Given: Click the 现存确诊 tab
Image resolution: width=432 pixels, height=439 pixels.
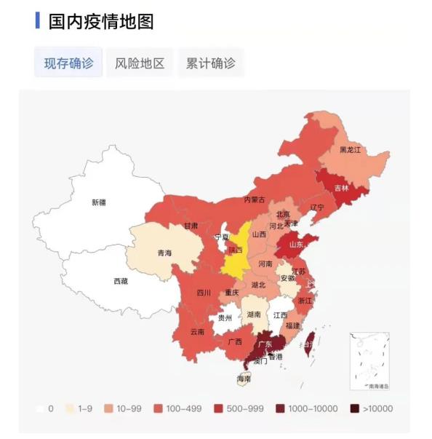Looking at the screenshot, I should [69, 63].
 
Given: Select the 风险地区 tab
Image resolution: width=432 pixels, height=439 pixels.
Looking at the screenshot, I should [140, 63].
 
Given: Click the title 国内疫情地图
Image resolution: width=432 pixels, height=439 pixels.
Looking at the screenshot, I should [101, 22].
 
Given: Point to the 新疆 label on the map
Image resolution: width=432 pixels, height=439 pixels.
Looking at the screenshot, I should [98, 202].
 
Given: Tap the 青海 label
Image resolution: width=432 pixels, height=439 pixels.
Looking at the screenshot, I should [164, 253].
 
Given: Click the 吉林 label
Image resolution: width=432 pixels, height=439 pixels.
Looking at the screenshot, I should [341, 188].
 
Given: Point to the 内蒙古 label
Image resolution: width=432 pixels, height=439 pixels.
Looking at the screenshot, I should [254, 199].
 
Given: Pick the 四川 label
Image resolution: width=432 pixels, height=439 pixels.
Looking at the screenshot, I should [203, 293].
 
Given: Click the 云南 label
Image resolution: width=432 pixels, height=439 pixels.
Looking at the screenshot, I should [197, 331].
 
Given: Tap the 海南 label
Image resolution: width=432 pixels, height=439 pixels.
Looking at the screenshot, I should [244, 379].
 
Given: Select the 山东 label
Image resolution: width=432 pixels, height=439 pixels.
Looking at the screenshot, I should [297, 245].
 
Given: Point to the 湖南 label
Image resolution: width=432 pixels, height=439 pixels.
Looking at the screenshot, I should [254, 315].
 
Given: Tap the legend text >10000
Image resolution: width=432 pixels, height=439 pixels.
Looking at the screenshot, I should [378, 408].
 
